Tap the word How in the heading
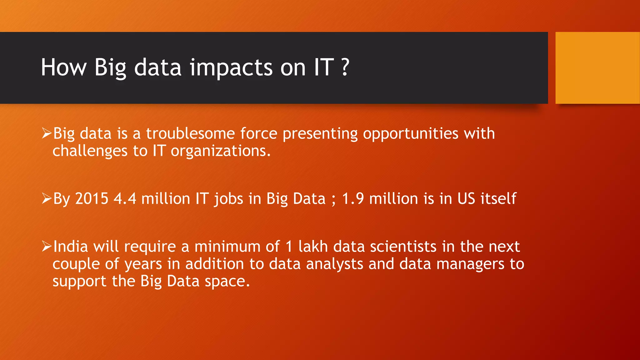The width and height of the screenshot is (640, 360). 63,67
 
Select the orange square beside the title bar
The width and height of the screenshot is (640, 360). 597,68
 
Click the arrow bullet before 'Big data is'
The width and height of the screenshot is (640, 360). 47,133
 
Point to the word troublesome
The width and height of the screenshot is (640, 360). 190,134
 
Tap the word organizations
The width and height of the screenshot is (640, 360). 220,151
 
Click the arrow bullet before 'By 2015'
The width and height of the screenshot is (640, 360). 47,198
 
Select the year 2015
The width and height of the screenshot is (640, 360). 92,199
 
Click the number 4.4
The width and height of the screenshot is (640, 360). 125,199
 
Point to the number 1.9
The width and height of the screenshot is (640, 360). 353,199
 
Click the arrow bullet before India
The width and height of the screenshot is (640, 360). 47,247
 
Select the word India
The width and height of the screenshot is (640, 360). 71,247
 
